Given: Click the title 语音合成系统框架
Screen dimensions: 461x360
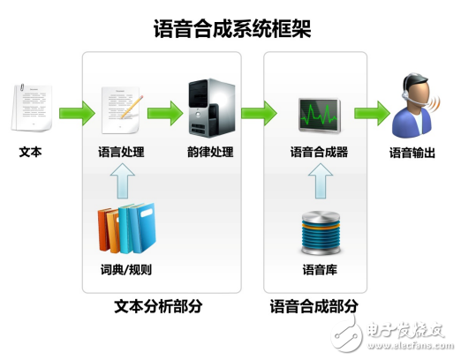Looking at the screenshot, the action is pyautogui.click(x=232, y=29).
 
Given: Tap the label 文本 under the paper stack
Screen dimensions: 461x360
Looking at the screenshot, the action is pyautogui.click(x=30, y=152).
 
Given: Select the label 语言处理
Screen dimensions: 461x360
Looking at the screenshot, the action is pyautogui.click(x=121, y=152).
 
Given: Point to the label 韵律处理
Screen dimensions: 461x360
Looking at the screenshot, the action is pyautogui.click(x=210, y=152).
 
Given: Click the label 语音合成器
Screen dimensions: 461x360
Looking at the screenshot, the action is pyautogui.click(x=319, y=152).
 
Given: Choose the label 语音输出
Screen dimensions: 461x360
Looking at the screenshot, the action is pyautogui.click(x=412, y=153).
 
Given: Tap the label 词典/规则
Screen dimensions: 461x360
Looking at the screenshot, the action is pyautogui.click(x=126, y=269).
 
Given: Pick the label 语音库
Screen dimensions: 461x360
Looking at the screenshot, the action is pyautogui.click(x=320, y=269).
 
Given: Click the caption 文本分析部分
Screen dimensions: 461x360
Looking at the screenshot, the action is pyautogui.click(x=158, y=306).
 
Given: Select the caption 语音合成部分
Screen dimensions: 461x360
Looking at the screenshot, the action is pyautogui.click(x=314, y=306).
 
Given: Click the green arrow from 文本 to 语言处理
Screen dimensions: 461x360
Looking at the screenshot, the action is pyautogui.click(x=77, y=113).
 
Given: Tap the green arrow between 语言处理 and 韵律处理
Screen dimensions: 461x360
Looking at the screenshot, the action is pyautogui.click(x=165, y=113).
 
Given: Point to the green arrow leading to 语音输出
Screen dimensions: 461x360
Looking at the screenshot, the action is pyautogui.click(x=372, y=113).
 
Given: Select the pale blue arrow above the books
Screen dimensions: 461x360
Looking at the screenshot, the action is pyautogui.click(x=123, y=181).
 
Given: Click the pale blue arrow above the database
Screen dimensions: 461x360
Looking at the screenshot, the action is pyautogui.click(x=321, y=181).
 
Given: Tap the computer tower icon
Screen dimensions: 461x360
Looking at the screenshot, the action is pyautogui.click(x=212, y=108).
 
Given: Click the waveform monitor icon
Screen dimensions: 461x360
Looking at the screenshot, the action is pyautogui.click(x=320, y=116).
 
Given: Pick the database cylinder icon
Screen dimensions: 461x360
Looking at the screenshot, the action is pyautogui.click(x=321, y=232).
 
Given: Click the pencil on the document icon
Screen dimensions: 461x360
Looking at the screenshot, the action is pyautogui.click(x=132, y=107).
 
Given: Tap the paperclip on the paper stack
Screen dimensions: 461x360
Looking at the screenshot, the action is pyautogui.click(x=22, y=87).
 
